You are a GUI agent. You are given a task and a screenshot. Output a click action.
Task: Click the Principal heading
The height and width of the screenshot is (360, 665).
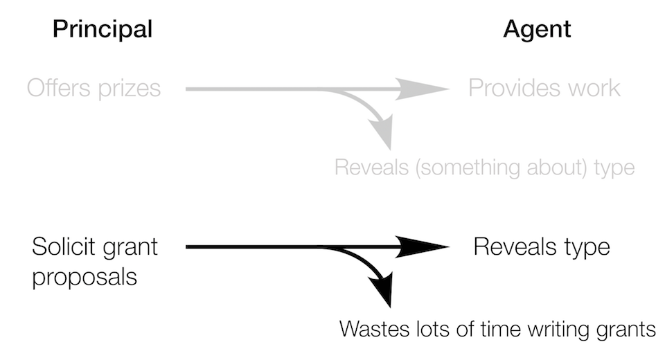pyautogui.click(x=103, y=29)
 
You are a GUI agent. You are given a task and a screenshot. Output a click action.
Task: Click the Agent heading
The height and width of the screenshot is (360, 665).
pyautogui.click(x=538, y=29)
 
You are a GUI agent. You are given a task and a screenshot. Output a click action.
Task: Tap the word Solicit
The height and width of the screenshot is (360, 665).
pyautogui.click(x=63, y=246)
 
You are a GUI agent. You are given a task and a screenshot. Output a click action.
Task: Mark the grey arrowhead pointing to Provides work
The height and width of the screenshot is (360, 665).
pyautogui.click(x=426, y=89)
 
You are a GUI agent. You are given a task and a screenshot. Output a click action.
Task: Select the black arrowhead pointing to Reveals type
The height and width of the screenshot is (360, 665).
pyautogui.click(x=426, y=246)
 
